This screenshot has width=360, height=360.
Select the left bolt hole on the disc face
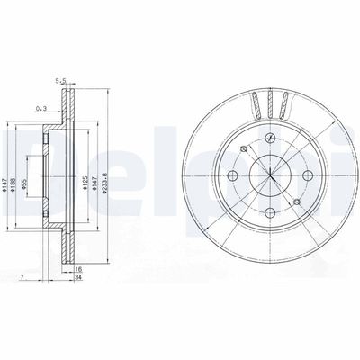click(x=233, y=175)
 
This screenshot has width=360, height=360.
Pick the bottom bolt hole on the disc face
click(x=271, y=213)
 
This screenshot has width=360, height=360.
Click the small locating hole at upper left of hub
click(x=244, y=149)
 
